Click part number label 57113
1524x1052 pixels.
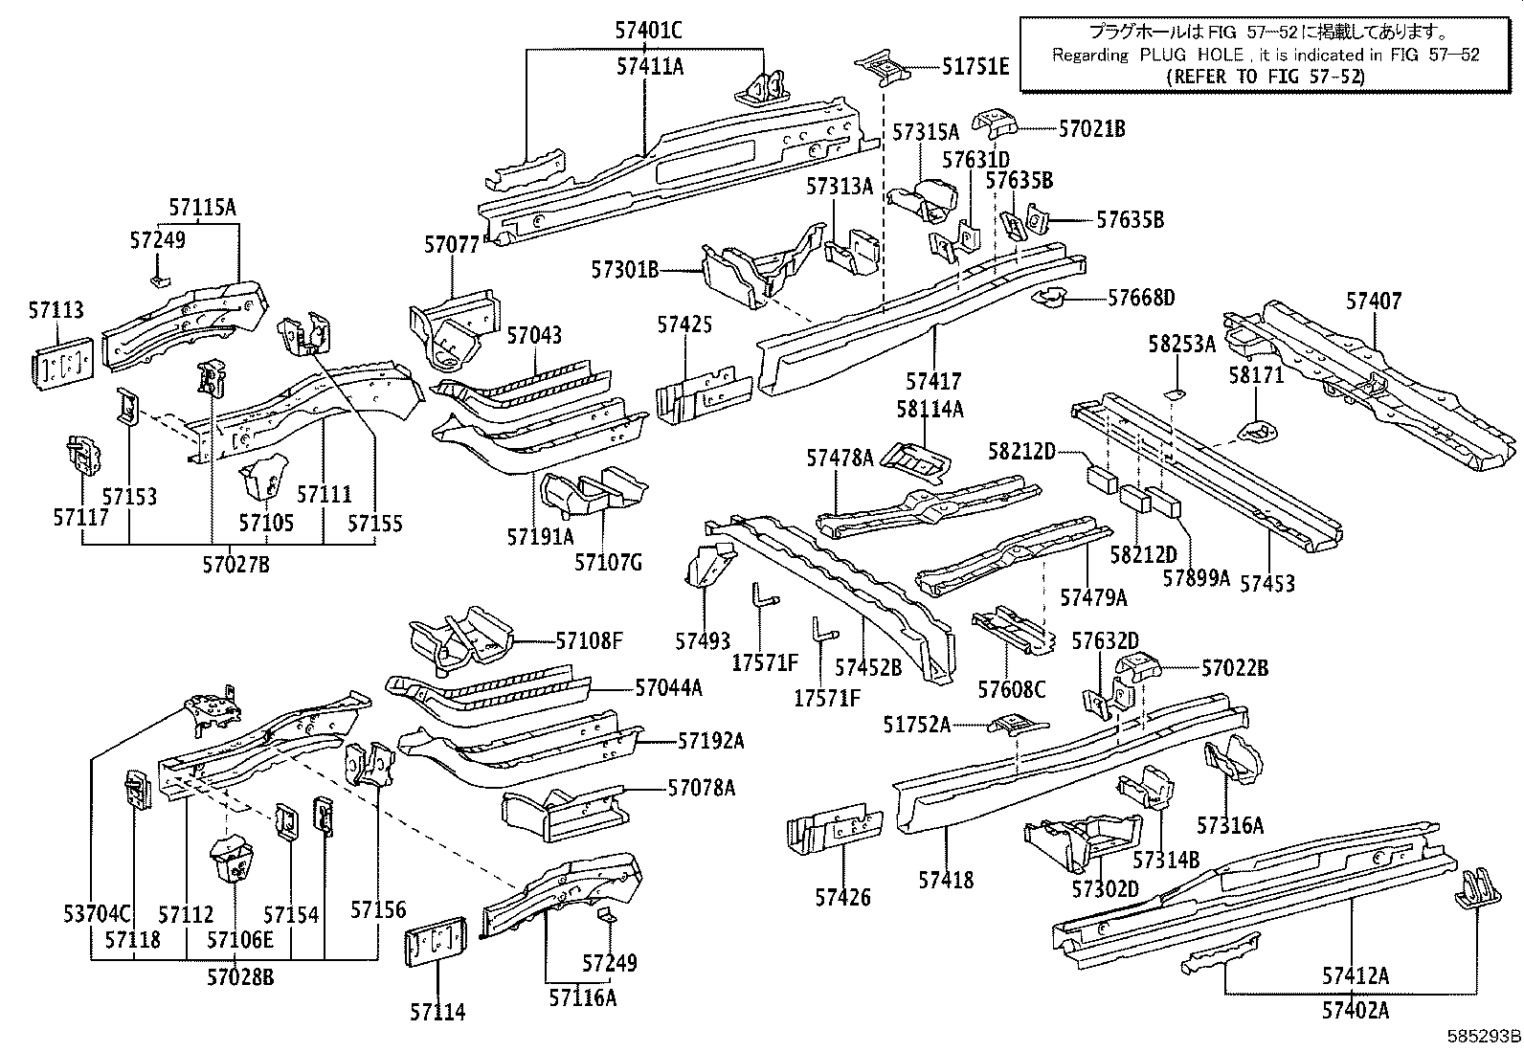[56, 310]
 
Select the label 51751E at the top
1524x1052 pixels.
[975, 66]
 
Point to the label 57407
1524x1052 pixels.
[1373, 302]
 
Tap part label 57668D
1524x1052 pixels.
[1141, 298]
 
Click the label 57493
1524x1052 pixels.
[702, 641]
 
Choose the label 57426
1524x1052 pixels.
[842, 897]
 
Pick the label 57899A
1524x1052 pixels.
[1196, 578]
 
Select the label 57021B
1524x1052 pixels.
[1091, 128]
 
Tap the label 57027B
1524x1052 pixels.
[235, 565]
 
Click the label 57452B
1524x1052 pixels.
[867, 666]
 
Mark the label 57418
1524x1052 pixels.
[946, 879]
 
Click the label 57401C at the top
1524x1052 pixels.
[648, 31]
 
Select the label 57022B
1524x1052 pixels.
[1234, 667]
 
